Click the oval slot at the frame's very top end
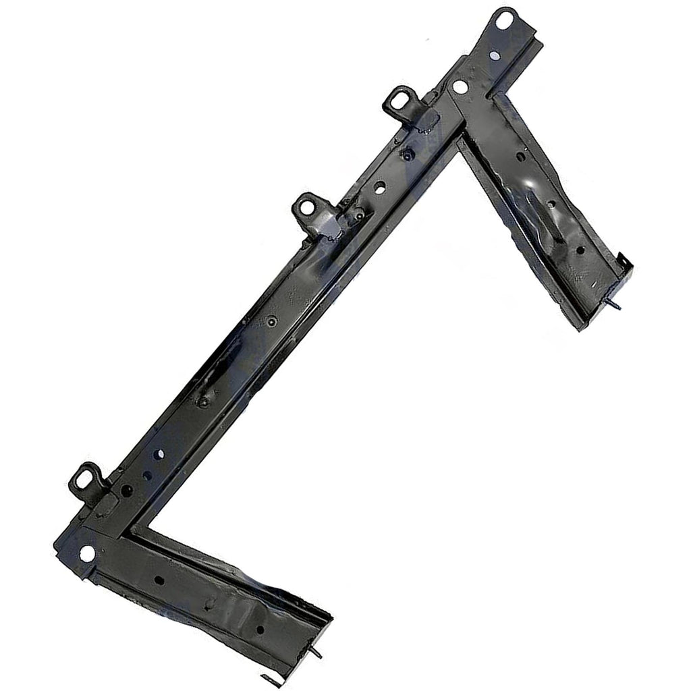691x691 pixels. pyautogui.click(x=503, y=19)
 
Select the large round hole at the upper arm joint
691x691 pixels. pyautogui.click(x=460, y=86)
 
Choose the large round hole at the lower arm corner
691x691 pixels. pyautogui.click(x=86, y=553)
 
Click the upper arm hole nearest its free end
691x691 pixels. pyautogui.click(x=580, y=250)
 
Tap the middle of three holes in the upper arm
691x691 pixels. pyautogui.click(x=551, y=204)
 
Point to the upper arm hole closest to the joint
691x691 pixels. pyautogui.click(x=521, y=157)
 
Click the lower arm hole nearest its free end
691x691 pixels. pyautogui.click(x=260, y=630)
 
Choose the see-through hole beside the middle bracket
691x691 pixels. pyautogui.click(x=380, y=187)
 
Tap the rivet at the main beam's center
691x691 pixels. pyautogui.click(x=271, y=323)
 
